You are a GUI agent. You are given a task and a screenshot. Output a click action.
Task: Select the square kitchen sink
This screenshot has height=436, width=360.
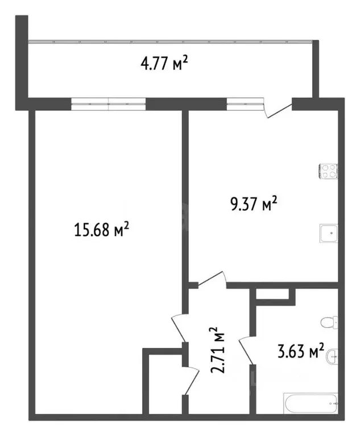point(328,233)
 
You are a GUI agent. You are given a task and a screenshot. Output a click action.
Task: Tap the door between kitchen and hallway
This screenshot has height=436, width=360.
point(212,280)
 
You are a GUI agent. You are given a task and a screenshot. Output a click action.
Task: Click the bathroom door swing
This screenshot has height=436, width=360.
point(246,350)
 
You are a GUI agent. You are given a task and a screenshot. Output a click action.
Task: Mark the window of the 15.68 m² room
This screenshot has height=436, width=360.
point(108,103)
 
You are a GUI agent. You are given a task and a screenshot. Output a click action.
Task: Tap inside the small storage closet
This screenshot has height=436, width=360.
point(163,384)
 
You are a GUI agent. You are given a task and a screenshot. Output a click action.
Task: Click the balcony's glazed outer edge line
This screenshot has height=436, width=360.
point(171,41)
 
